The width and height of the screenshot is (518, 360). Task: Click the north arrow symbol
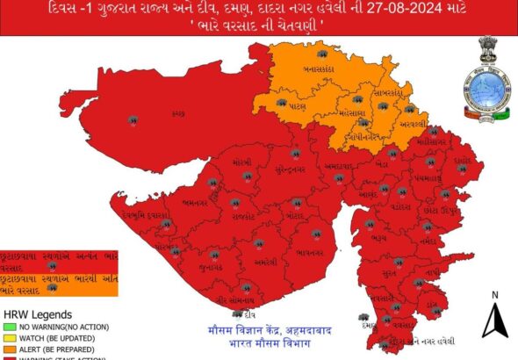(495, 321)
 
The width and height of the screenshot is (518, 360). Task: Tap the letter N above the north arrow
(495, 295)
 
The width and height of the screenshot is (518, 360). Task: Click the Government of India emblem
(487, 51)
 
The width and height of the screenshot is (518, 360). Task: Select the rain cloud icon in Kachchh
(133, 120)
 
